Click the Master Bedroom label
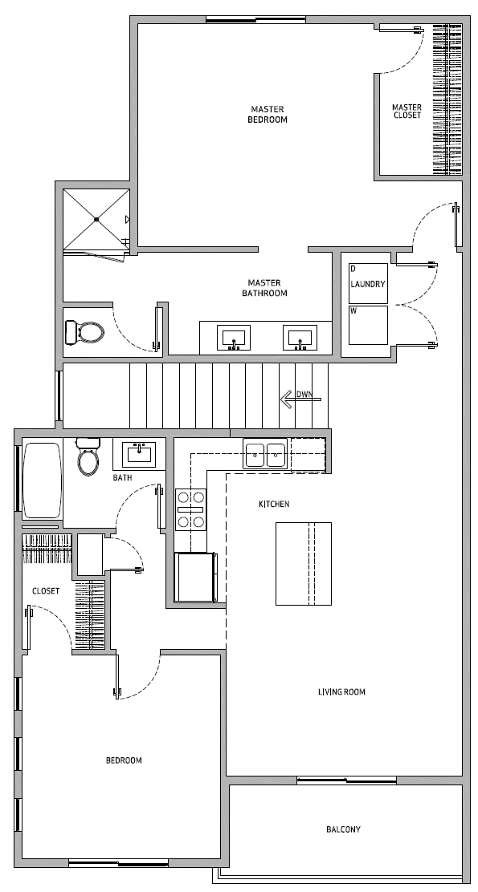click(x=268, y=115)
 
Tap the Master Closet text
click(x=407, y=111)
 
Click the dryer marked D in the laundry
click(x=368, y=282)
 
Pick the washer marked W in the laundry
click(x=368, y=326)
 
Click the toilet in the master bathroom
click(x=84, y=332)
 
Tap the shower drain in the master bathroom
click(x=97, y=219)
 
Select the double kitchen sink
click(x=265, y=455)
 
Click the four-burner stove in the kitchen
click(x=190, y=509)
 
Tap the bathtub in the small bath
click(x=42, y=480)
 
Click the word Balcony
click(x=343, y=829)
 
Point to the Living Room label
click(x=341, y=691)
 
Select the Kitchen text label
click(x=274, y=504)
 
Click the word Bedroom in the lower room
click(x=124, y=760)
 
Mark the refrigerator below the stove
click(x=195, y=577)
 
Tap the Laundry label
click(x=368, y=284)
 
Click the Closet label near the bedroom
click(x=46, y=591)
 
